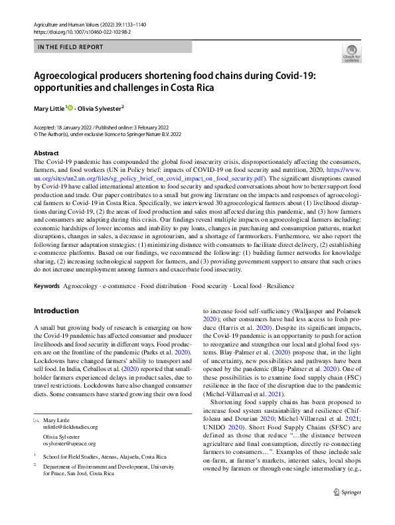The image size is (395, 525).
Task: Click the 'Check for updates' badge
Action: (x=351, y=52)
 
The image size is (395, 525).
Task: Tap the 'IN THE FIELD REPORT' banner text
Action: (x=70, y=47)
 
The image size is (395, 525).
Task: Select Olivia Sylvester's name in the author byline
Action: (x=100, y=108)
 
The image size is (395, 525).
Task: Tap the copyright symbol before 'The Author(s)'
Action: (x=36, y=133)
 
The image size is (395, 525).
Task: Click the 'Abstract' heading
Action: (x=46, y=153)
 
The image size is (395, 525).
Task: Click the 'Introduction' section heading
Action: (x=56, y=311)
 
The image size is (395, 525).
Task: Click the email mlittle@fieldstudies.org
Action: (x=70, y=427)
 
